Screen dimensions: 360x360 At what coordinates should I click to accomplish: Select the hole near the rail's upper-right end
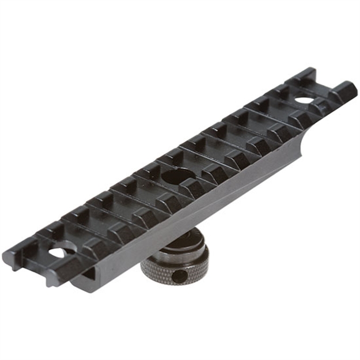click(302, 101)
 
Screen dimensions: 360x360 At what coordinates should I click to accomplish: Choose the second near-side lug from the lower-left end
click(95, 248)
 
